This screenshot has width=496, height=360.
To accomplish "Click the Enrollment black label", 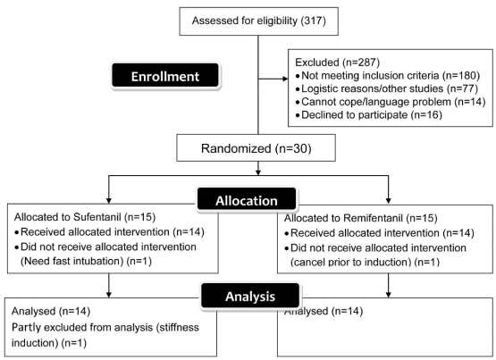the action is coord(165,76).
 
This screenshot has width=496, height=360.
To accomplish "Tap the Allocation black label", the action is coord(247,200).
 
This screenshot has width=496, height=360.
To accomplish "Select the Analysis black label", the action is coord(250,296).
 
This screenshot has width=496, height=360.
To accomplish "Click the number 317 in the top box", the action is coord(313,21).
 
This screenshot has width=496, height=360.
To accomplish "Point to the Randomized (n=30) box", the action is coord(256,148).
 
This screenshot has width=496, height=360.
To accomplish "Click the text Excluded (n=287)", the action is coord(337,63).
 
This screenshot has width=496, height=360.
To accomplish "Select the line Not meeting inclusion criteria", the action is coord(388,76).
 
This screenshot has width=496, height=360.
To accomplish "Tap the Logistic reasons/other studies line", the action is coord(387,88).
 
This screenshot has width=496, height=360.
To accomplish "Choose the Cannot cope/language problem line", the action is coord(391,102).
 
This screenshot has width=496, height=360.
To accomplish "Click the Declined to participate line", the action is coord(368,114).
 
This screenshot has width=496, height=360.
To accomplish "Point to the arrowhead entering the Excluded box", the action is coord(285,79).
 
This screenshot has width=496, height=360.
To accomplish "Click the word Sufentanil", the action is coord(97,217).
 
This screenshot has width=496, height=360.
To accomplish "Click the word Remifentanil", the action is coord(373,218).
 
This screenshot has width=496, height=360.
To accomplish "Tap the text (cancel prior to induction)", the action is coord(351,262).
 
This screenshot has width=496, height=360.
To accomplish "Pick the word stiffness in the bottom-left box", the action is coord(178,328).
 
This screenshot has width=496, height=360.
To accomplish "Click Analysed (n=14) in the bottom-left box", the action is coord(51,311).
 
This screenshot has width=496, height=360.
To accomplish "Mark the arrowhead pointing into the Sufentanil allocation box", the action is coord(109,201).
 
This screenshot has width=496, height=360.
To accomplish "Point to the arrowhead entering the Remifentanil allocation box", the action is coord(389,201).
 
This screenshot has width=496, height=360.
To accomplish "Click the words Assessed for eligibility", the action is coord(245,21).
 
